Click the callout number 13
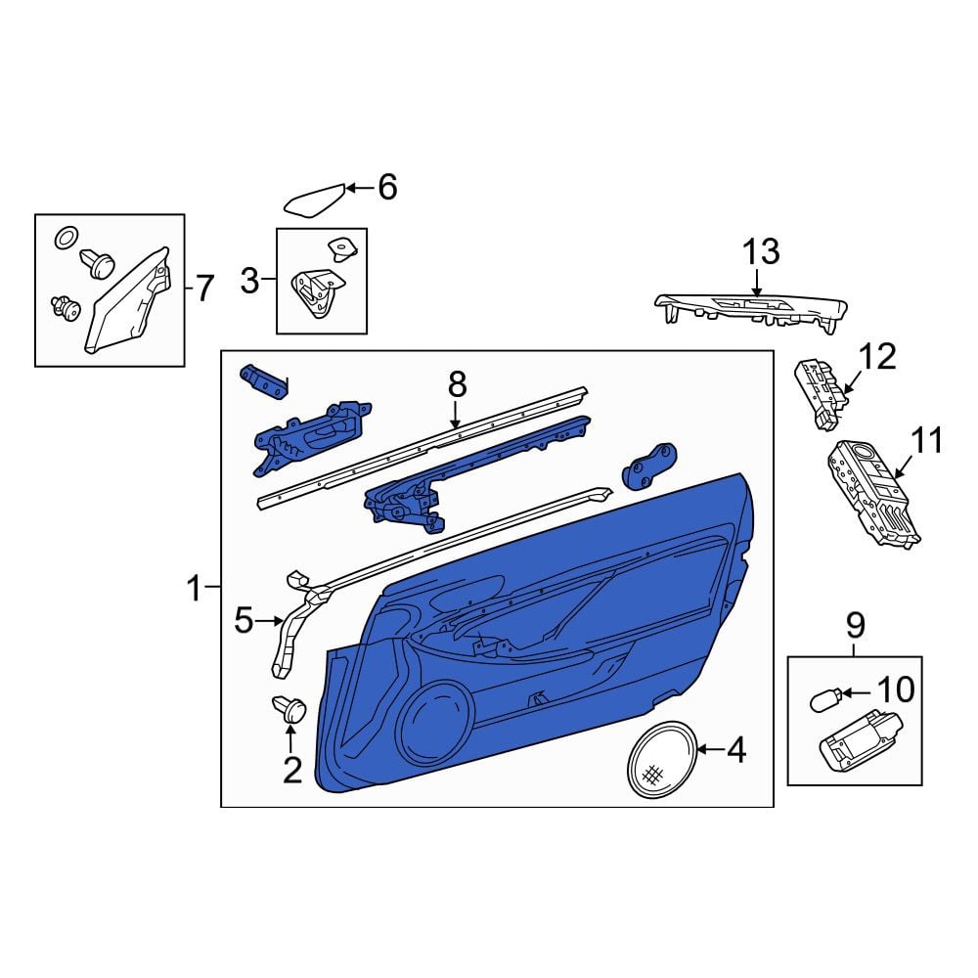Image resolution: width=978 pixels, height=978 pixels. [761, 251]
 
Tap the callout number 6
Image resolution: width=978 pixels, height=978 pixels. [388, 187]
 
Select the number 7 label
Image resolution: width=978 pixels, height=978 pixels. [204, 289]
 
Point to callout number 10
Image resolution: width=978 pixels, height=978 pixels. [896, 689]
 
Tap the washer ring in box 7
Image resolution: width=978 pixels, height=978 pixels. [67, 237]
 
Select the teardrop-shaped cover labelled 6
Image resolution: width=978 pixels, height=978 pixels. [315, 200]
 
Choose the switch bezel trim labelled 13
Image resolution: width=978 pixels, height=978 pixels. [751, 308]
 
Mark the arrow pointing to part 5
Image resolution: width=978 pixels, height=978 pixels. [270, 620]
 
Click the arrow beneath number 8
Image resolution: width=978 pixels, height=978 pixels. [456, 414]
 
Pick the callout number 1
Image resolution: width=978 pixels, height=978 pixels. [195, 588]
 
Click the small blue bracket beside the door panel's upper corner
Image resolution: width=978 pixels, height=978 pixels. [649, 466]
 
